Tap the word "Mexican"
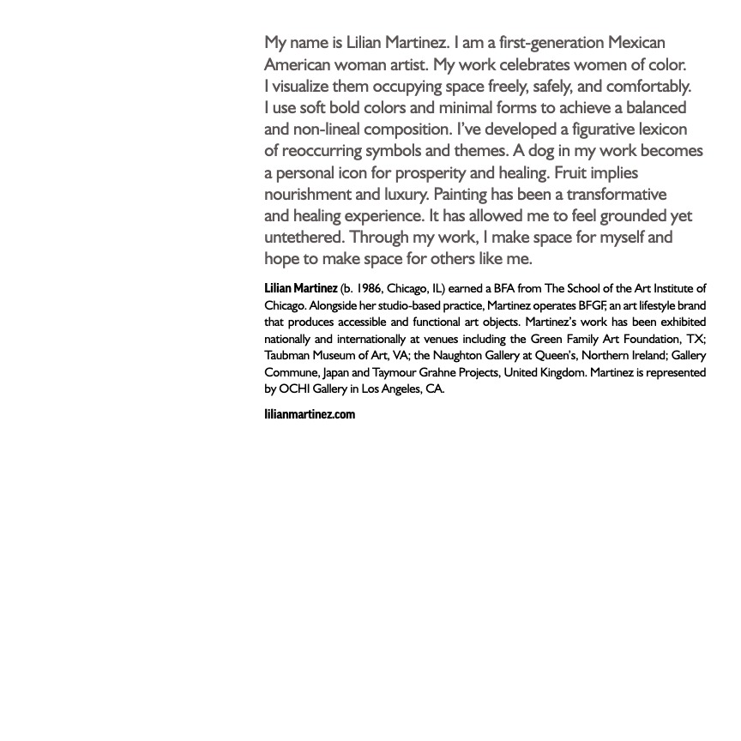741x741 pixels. pyautogui.click(x=636, y=43)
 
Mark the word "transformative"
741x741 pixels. pyautogui.click(x=616, y=195)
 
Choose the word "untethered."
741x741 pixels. pyautogui.click(x=304, y=238)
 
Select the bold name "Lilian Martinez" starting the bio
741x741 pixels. pyautogui.click(x=300, y=288)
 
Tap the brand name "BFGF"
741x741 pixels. pyautogui.click(x=592, y=305)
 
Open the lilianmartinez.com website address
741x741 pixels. pyautogui.click(x=310, y=414)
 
